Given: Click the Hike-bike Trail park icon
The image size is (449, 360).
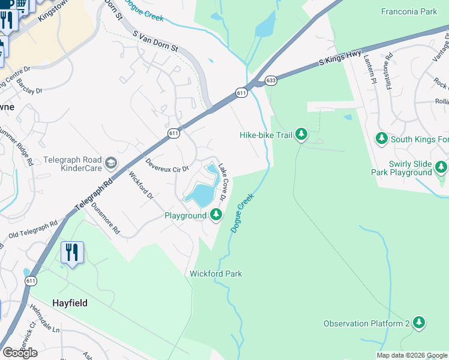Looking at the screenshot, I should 301,135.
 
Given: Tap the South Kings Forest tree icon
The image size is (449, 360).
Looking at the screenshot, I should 381,139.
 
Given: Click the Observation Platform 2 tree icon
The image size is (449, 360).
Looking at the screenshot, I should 418,323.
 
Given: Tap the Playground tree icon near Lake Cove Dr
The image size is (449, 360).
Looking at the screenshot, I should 216,215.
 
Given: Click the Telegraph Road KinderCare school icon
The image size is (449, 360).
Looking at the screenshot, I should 110,163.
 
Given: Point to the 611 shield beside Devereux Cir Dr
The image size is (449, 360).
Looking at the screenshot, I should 173,133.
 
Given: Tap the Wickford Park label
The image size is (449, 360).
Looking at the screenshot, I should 215,274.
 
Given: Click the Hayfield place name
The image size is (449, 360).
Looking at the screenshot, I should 69,303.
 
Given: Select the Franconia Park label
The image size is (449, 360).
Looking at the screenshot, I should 409,11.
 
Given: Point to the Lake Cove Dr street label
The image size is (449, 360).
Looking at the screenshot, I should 223,182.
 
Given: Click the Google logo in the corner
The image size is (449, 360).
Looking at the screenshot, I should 20,353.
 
